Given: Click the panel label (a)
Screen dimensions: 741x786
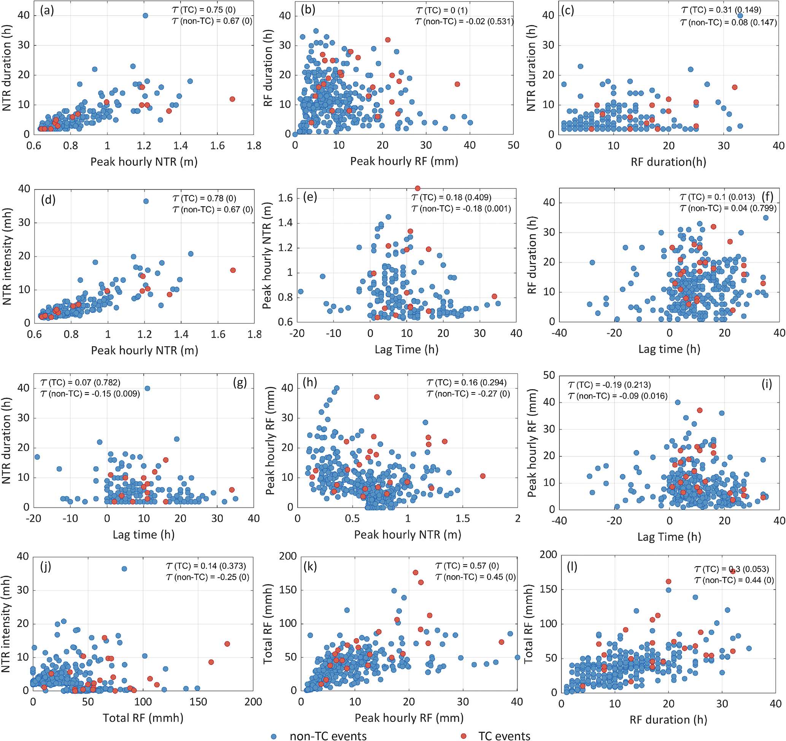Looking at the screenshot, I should (x=47, y=11).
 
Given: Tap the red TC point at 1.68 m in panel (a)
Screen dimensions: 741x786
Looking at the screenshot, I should (x=232, y=99).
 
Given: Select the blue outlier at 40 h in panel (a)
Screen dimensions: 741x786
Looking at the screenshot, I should (x=145, y=16).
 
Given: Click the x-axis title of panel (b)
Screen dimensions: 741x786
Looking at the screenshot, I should (x=404, y=161).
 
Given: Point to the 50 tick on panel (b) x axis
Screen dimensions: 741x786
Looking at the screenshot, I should (x=513, y=146).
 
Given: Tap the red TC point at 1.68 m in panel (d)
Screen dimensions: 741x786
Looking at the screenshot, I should (x=233, y=270).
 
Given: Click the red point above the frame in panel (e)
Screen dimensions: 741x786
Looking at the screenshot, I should (x=418, y=188).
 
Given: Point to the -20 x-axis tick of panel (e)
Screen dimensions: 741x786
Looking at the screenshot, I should (x=297, y=334).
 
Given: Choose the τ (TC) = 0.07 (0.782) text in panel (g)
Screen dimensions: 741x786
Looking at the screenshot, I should (x=80, y=382).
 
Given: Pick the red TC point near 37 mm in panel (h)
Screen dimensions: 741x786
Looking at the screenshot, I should (x=377, y=397).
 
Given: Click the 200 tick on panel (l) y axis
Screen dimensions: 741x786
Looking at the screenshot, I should (x=549, y=554).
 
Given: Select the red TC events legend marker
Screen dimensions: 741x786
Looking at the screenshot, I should (x=464, y=736).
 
